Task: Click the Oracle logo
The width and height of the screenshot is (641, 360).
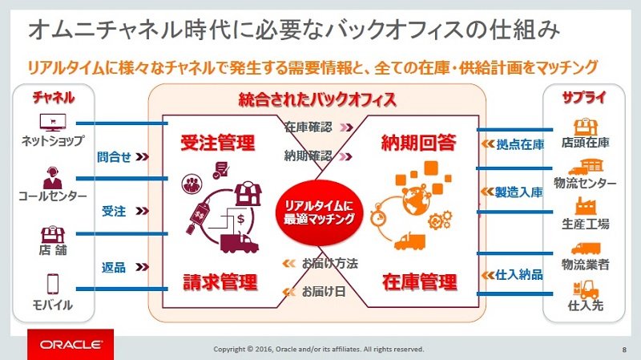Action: [x=71, y=345]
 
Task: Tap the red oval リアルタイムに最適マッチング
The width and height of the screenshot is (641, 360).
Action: [x=319, y=212]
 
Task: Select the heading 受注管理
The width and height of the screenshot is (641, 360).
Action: [x=217, y=143]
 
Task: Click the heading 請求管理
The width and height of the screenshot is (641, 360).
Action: [x=220, y=282]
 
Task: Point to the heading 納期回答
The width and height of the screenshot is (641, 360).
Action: [x=418, y=143]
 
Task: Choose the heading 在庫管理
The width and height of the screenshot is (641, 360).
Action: [x=419, y=282]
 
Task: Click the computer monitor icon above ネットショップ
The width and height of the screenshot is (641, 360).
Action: [x=53, y=123]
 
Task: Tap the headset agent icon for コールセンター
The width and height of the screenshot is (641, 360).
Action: [x=52, y=177]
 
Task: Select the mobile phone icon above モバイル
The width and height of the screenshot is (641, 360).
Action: [x=53, y=284]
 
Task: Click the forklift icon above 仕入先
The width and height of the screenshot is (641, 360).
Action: [x=586, y=289]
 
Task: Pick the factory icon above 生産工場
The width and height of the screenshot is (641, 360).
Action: [x=586, y=207]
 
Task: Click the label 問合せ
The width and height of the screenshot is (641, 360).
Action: [x=114, y=156]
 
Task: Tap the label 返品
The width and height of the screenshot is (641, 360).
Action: [x=114, y=268]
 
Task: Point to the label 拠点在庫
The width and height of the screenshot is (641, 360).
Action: [x=520, y=144]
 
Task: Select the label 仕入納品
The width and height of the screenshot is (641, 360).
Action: [x=518, y=274]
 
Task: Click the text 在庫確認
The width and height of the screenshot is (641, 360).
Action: [x=308, y=127]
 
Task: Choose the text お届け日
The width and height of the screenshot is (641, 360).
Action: [x=324, y=291]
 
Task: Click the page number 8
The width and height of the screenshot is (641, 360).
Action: [x=624, y=350]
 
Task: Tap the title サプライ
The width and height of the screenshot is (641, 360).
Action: [x=584, y=97]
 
